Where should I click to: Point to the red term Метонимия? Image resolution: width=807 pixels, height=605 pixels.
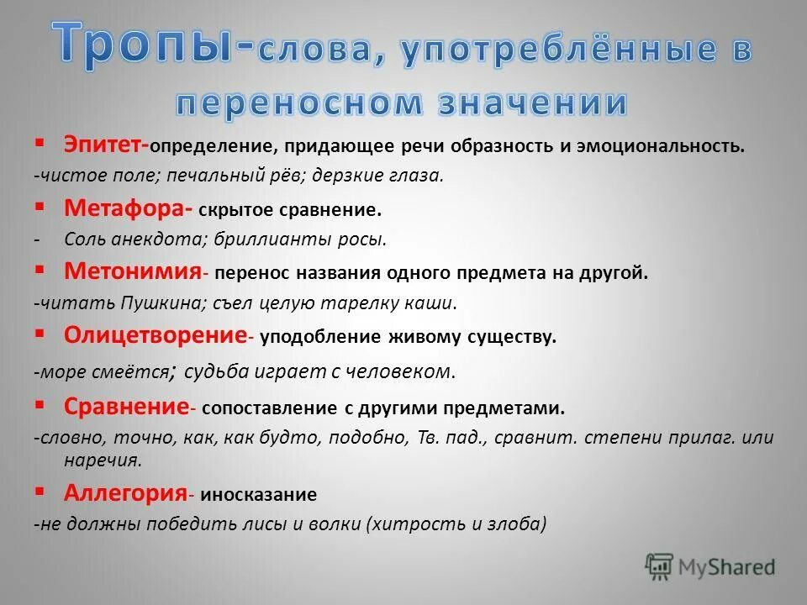tap(133, 271)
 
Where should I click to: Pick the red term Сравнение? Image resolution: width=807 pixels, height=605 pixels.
tap(125, 408)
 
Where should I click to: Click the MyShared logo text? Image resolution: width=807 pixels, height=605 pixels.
tap(728, 567)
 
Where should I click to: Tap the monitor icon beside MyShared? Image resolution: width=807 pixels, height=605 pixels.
tap(660, 566)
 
